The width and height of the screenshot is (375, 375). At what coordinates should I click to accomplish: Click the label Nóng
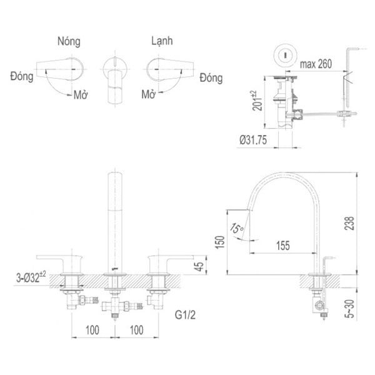click(x=69, y=42)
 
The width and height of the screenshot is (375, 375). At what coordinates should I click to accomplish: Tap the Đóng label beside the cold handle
click(x=211, y=77)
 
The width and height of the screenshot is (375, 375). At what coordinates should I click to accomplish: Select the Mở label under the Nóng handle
click(x=79, y=95)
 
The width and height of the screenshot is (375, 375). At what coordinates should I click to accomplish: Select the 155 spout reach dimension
click(x=283, y=246)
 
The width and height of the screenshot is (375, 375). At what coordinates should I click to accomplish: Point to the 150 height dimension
click(x=218, y=242)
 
